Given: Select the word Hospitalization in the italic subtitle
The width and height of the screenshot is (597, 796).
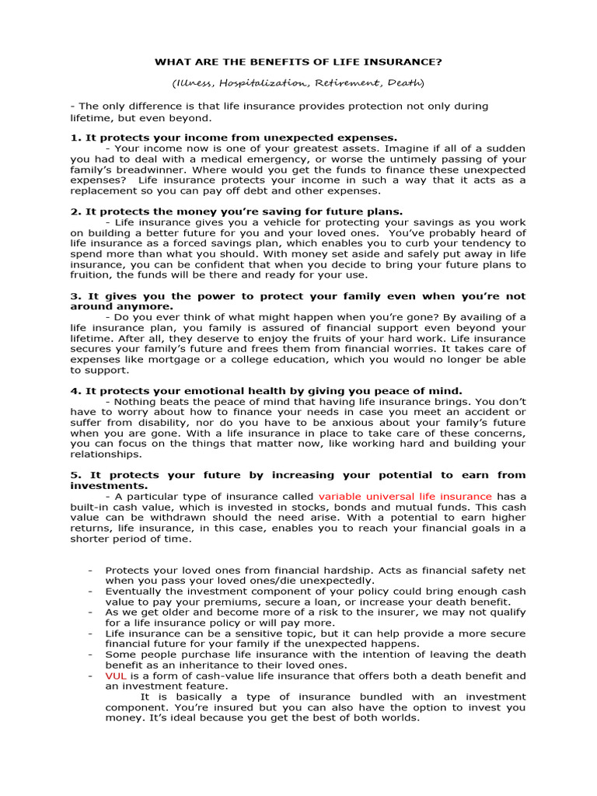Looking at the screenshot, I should click(x=254, y=82).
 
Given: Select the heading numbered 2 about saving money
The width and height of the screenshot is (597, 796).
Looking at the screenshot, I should click(x=236, y=211).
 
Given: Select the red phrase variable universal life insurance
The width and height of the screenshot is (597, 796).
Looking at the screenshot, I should click(x=405, y=496).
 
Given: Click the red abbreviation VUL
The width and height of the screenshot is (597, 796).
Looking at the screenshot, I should click(x=114, y=676).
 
